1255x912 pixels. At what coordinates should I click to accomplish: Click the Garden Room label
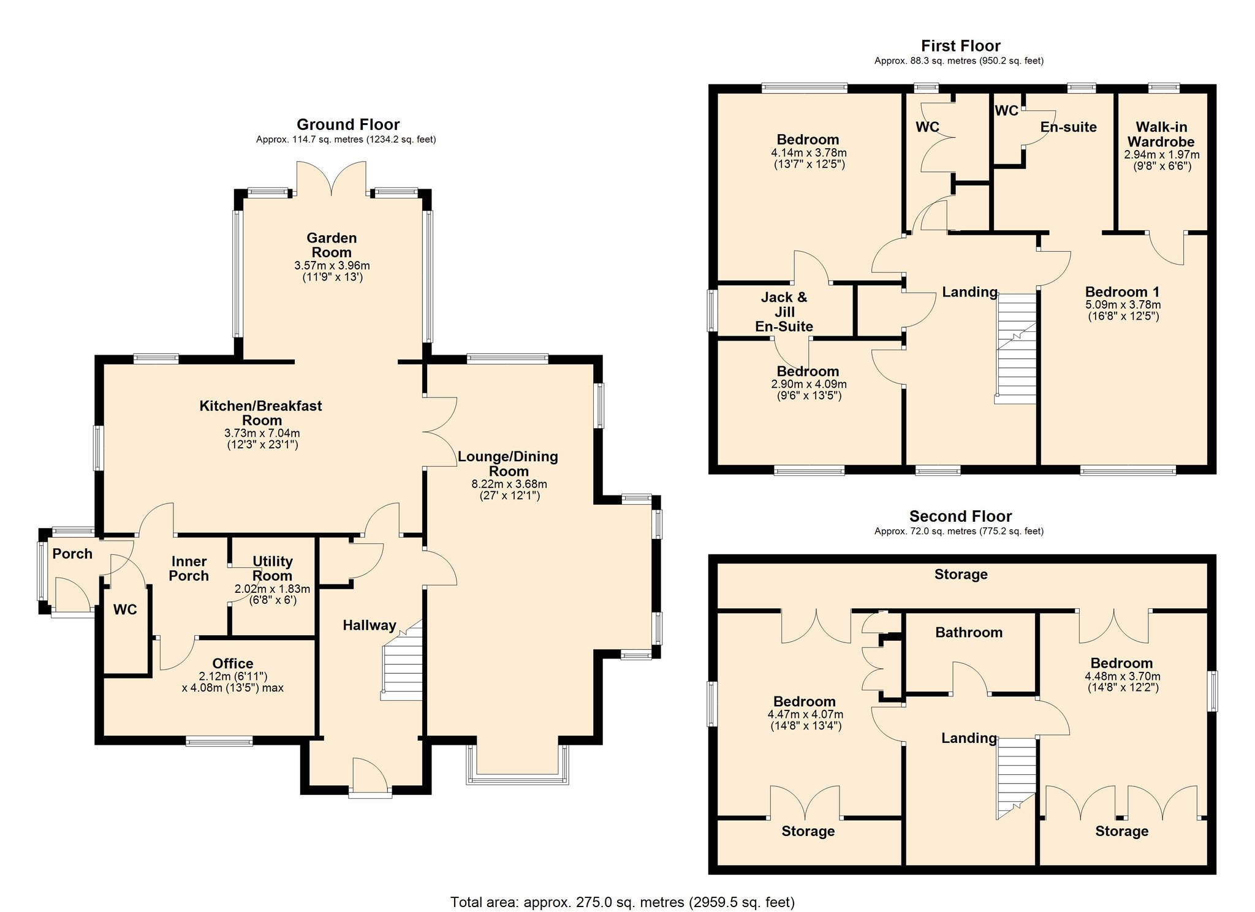pyautogui.click(x=332, y=245)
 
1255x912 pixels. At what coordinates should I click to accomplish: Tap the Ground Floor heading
pyautogui.click(x=347, y=125)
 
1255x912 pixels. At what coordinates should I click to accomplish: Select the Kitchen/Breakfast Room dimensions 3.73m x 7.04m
pyautogui.click(x=262, y=433)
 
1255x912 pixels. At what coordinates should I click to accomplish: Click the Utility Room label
pyautogui.click(x=273, y=568)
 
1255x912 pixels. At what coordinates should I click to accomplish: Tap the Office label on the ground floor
pyautogui.click(x=233, y=663)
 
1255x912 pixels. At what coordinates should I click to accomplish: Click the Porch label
pyautogui.click(x=72, y=554)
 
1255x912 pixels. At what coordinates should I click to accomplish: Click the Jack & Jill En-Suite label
pyautogui.click(x=784, y=312)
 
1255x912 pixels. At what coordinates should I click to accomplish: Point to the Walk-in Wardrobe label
pyautogui.click(x=1161, y=134)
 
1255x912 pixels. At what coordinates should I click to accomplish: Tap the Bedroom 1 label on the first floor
pyautogui.click(x=1122, y=292)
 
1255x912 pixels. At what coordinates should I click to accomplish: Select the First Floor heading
pyautogui.click(x=960, y=46)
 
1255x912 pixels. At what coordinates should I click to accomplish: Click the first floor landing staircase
pyautogui.click(x=1017, y=349)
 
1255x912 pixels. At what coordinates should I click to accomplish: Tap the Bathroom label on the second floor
pyautogui.click(x=969, y=633)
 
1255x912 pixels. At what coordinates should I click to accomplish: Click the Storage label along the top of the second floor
pyautogui.click(x=960, y=575)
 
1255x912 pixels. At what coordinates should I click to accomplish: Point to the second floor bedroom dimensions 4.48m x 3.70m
pyautogui.click(x=1122, y=677)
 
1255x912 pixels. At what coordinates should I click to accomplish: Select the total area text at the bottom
pyautogui.click(x=622, y=902)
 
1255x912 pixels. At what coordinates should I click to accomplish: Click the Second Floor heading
pyautogui.click(x=960, y=516)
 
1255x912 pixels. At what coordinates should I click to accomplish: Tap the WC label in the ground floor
pyautogui.click(x=125, y=609)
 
